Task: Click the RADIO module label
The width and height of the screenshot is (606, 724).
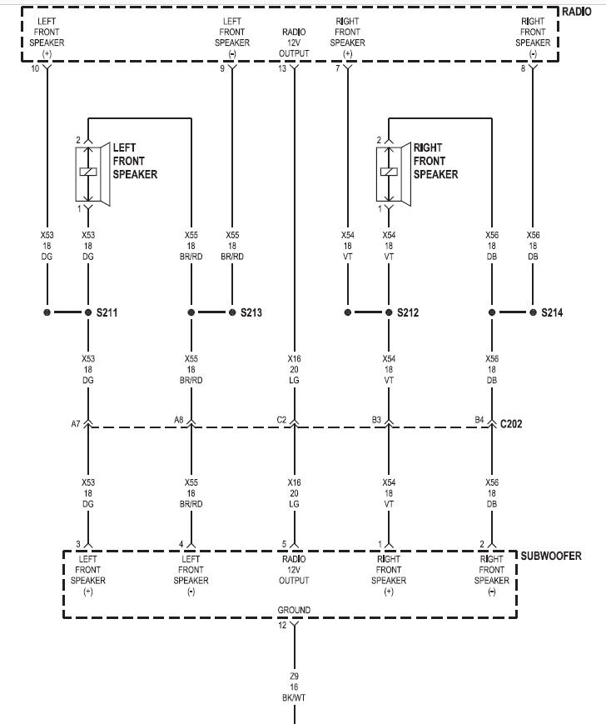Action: click(576, 12)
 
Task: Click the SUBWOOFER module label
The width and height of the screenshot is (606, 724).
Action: click(551, 556)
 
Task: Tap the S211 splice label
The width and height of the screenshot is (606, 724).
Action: click(107, 312)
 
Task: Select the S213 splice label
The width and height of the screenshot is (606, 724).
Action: click(251, 312)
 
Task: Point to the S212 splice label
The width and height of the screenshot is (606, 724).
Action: click(408, 312)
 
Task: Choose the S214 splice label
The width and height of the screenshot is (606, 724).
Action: click(552, 312)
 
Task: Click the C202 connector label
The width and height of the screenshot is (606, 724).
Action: click(511, 424)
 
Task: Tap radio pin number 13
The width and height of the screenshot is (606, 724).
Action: click(282, 69)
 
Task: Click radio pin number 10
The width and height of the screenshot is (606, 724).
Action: click(35, 69)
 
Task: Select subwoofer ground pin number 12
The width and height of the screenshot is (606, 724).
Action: click(282, 625)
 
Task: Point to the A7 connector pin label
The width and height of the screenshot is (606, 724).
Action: click(76, 423)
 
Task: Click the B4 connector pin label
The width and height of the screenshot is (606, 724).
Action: click(479, 420)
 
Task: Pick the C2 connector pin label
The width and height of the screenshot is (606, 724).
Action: click(281, 420)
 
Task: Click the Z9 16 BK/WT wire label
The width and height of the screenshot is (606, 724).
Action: click(294, 687)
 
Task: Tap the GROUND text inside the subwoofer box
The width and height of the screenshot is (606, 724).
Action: click(294, 610)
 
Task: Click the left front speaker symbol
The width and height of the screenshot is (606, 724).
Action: click(92, 173)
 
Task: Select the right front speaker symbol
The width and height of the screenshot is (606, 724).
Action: click(394, 173)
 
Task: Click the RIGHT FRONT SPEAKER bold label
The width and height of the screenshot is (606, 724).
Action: click(435, 161)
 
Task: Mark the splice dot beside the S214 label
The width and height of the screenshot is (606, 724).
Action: click(533, 312)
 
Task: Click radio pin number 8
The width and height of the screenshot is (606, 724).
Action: click(523, 69)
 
